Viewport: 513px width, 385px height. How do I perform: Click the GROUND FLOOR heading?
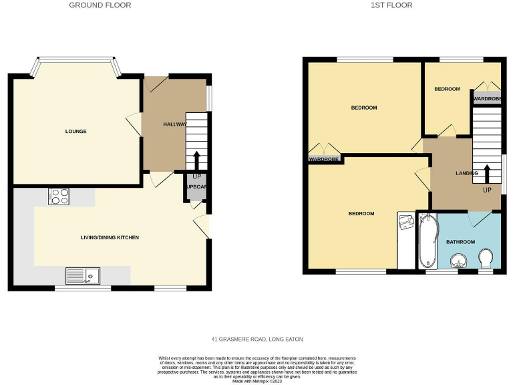click(x=100, y=5)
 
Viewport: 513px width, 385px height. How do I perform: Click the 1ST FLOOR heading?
click(x=392, y=5)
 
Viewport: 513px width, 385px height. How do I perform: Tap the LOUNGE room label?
click(x=75, y=131)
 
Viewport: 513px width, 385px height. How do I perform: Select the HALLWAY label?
click(x=175, y=124)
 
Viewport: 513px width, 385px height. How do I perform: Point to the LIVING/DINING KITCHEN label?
click(x=110, y=237)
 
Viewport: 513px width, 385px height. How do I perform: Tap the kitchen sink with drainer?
click(x=83, y=275)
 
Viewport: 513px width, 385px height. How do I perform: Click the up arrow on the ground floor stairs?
click(x=196, y=161)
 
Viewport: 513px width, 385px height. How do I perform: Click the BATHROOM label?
click(x=460, y=241)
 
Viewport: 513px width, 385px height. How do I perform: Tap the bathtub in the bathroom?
click(x=426, y=241)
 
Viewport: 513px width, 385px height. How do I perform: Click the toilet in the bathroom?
click(x=486, y=258)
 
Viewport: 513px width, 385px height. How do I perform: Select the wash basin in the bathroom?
click(x=458, y=261)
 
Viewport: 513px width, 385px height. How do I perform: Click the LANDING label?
click(x=467, y=173)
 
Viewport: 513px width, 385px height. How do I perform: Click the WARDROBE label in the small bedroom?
click(x=486, y=99)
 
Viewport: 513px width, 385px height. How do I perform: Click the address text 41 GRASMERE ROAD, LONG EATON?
click(x=256, y=340)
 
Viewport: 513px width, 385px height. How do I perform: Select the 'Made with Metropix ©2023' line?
click(x=256, y=381)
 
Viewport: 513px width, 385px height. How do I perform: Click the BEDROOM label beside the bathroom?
click(x=361, y=213)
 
